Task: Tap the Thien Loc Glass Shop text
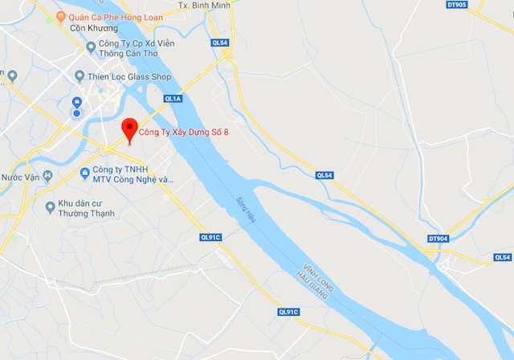[x=130, y=76]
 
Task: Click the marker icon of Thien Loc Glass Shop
[x=79, y=76]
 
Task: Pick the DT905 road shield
[x=456, y=4]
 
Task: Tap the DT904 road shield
[x=438, y=239]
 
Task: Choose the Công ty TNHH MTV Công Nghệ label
[x=132, y=174]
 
